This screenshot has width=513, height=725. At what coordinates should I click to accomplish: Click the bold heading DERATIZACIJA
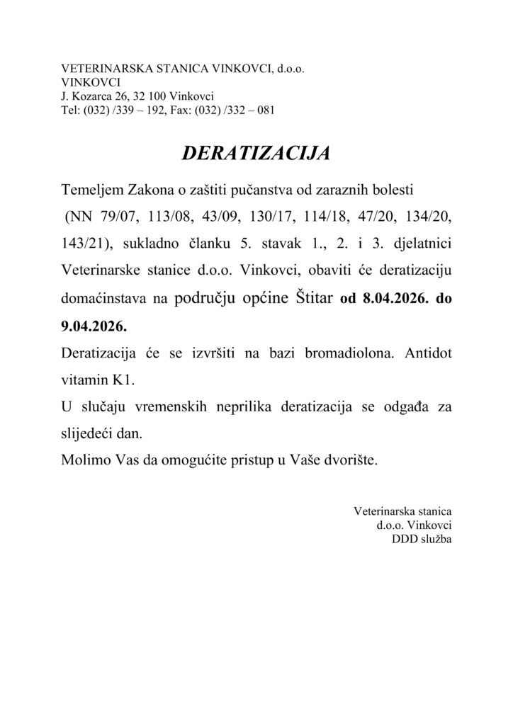[256, 154]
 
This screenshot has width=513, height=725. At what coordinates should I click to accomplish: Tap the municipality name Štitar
[314, 299]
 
